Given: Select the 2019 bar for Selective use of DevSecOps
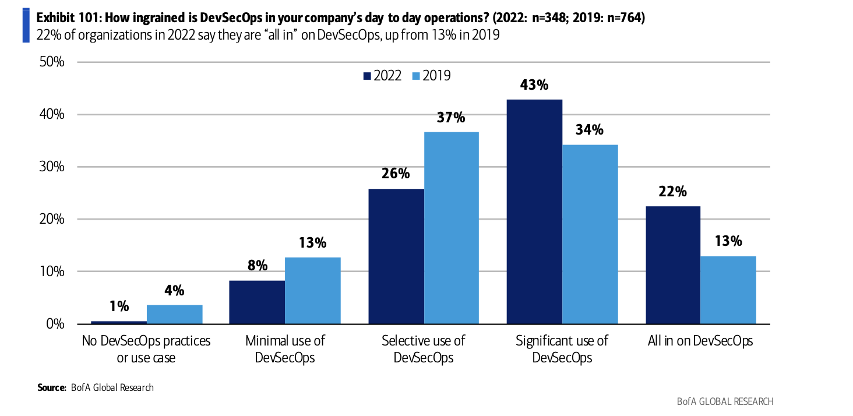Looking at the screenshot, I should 452,228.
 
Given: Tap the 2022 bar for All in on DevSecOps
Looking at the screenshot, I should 673,265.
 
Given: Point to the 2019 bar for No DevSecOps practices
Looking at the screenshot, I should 174,314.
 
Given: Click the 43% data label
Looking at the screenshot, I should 534,85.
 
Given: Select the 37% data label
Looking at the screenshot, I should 451,118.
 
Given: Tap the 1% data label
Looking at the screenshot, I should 119,306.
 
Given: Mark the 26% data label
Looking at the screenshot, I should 396,174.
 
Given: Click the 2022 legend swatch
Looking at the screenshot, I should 367,76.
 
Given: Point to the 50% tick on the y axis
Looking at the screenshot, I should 51,62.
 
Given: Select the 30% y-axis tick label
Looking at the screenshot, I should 51,167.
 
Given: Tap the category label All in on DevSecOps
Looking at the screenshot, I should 700,341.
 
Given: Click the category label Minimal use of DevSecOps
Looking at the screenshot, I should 285,349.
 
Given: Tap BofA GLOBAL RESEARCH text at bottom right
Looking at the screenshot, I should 725,401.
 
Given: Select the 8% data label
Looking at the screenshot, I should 257,266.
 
